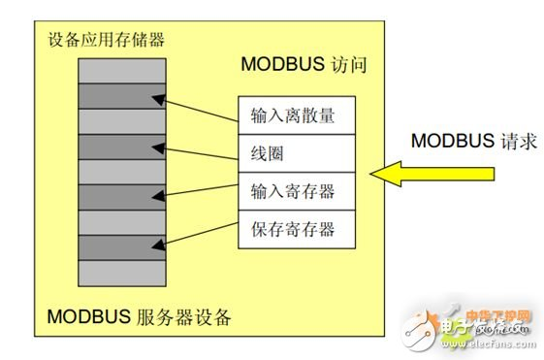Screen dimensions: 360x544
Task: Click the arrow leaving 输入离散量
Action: point(200,108)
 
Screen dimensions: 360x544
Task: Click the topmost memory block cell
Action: point(114,70)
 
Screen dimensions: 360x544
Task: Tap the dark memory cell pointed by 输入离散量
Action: point(114,96)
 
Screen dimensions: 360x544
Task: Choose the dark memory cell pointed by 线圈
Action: point(114,147)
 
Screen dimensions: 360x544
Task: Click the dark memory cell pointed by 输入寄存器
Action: point(114,197)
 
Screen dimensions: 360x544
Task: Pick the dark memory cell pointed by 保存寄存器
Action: point(114,247)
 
